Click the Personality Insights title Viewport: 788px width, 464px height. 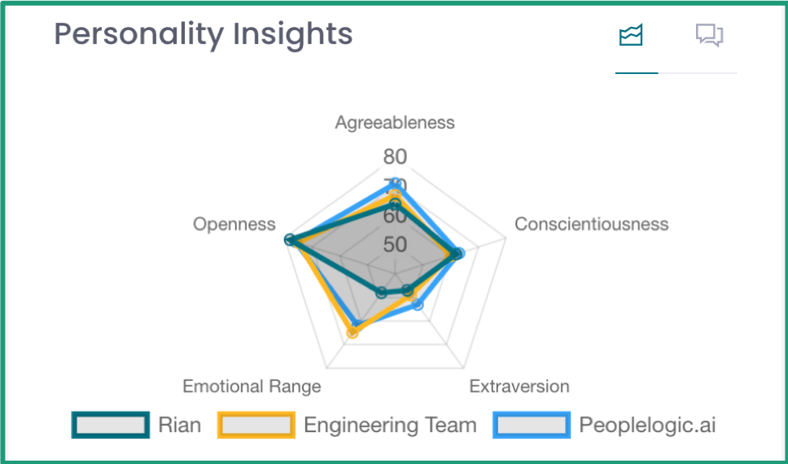pyautogui.click(x=204, y=34)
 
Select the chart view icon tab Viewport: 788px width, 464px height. pyautogui.click(x=631, y=36)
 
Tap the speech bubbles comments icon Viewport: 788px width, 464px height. pyautogui.click(x=709, y=36)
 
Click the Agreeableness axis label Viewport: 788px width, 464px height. pyautogui.click(x=395, y=123)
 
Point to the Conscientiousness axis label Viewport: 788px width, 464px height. pyautogui.click(x=591, y=224)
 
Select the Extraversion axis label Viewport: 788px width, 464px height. pyautogui.click(x=519, y=386)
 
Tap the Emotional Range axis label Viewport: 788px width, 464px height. pyautogui.click(x=252, y=386)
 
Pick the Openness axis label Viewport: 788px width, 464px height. pyautogui.click(x=234, y=224)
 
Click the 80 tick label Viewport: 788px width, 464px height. pyautogui.click(x=396, y=156)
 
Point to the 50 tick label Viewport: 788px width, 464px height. pyautogui.click(x=396, y=244)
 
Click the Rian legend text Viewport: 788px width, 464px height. pyautogui.click(x=180, y=425)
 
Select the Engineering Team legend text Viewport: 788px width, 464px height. pyautogui.click(x=390, y=425)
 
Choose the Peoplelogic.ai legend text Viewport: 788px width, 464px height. pyautogui.click(x=648, y=425)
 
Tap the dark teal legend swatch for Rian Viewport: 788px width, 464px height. pyautogui.click(x=111, y=425)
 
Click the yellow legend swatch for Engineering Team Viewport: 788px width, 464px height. pyautogui.click(x=256, y=425)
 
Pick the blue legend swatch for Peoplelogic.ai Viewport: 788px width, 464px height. pyautogui.click(x=532, y=425)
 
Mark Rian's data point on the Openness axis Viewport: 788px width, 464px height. pyautogui.click(x=289, y=239)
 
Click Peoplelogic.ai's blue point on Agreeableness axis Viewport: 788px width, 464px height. pyautogui.click(x=396, y=183)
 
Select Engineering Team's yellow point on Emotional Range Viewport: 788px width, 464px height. pyautogui.click(x=352, y=332)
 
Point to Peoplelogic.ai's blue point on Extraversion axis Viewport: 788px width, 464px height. pyautogui.click(x=418, y=304)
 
